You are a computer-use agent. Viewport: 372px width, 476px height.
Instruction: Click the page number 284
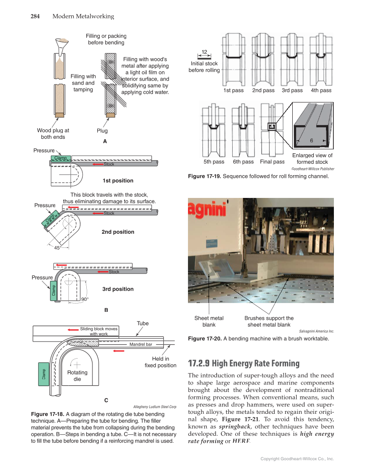point(35,17)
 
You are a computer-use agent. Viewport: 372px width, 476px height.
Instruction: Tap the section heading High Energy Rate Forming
point(244,363)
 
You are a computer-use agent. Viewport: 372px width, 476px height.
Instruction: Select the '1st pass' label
point(233,90)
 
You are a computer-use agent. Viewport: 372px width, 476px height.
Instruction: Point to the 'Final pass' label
point(272,162)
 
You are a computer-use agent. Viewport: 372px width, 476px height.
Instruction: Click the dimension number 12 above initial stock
point(204,53)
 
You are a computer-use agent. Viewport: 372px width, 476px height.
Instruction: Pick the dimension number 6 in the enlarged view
point(311,141)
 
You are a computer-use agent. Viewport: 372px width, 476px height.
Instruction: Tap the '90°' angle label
point(85,300)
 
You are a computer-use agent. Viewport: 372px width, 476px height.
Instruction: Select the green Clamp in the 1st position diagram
point(60,158)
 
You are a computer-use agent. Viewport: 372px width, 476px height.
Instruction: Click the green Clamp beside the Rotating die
point(43,374)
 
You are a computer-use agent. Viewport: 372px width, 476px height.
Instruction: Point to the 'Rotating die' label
point(77,376)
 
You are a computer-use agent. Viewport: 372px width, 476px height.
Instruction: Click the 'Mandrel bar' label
point(141,345)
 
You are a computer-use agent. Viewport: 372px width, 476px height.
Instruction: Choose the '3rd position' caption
point(118,289)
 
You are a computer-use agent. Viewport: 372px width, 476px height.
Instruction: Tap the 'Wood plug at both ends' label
point(53,134)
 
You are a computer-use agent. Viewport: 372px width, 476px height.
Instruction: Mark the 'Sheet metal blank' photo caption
point(209,321)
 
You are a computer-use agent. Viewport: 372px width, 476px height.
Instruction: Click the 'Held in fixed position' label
point(160,362)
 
